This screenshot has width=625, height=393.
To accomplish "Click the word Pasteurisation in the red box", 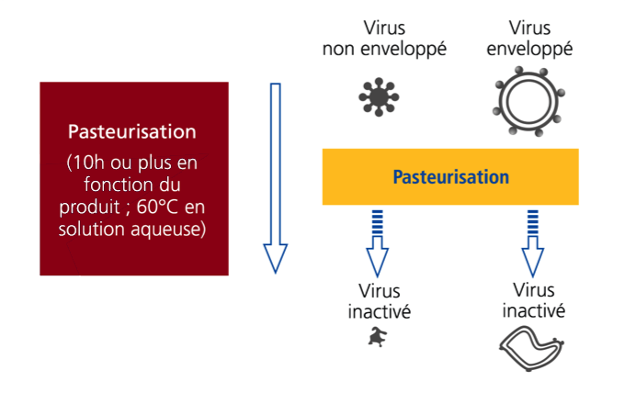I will tap(133, 132).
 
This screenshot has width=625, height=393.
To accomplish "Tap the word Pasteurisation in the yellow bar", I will tap(450, 175).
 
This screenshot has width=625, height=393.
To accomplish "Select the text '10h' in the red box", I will tap(85, 164).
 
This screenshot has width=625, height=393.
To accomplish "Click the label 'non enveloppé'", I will tap(384, 48).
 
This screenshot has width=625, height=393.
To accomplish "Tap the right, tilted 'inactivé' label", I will tap(533, 310).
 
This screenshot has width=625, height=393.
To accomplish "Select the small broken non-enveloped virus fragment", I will tap(375, 340).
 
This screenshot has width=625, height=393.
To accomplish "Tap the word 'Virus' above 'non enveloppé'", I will tap(384, 27).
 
